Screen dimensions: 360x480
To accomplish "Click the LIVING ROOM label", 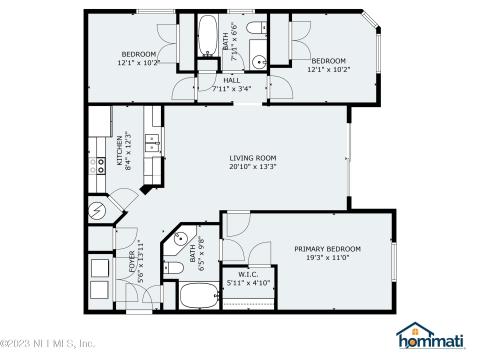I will pyautogui.click(x=253, y=158).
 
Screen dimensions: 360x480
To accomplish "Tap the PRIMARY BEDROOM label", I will pyautogui.click(x=327, y=248).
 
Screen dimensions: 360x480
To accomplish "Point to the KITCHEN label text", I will pyautogui.click(x=118, y=149).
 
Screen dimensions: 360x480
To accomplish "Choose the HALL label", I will pyautogui.click(x=231, y=80).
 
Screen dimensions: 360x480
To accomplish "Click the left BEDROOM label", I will pyautogui.click(x=139, y=53).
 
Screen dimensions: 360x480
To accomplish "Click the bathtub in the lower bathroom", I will pyautogui.click(x=200, y=296).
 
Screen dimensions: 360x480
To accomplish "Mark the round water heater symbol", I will pyautogui.click(x=98, y=212).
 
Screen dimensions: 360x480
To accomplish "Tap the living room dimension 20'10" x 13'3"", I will pyautogui.click(x=253, y=168).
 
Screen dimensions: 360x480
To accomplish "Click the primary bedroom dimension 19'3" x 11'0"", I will pyautogui.click(x=327, y=258).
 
